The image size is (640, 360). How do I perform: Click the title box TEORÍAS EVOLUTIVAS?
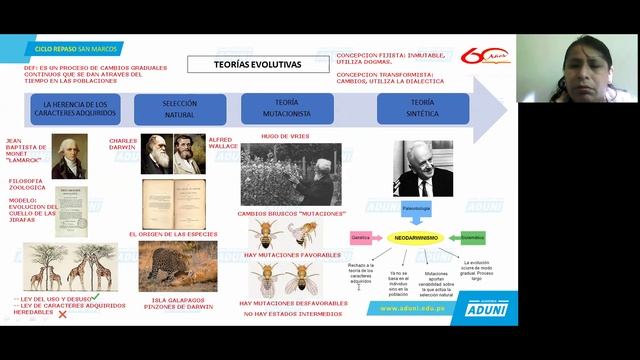[x=257, y=65]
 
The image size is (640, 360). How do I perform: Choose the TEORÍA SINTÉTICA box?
[x=422, y=107]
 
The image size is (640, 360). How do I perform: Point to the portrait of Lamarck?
[x=69, y=157]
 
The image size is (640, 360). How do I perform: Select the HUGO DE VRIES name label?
[x=283, y=134]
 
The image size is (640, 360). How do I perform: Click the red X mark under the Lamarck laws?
[x=62, y=314]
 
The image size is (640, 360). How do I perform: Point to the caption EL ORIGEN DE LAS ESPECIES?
[x=173, y=233]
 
